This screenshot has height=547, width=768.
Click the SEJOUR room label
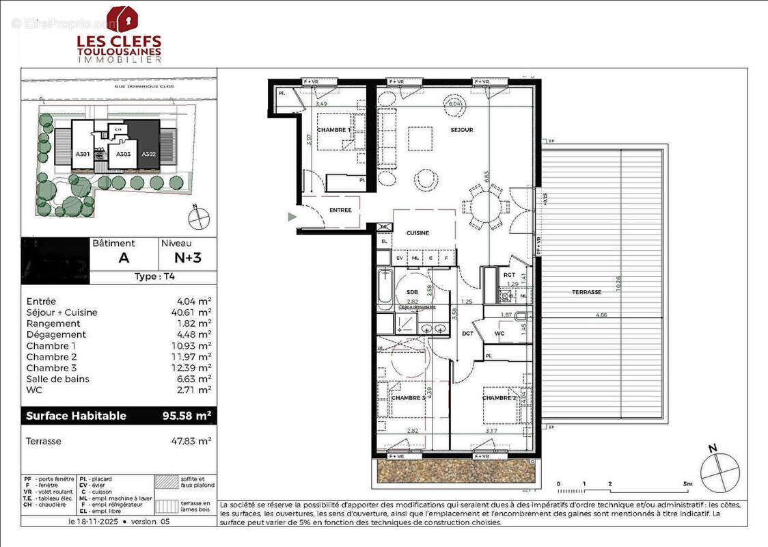(462, 130)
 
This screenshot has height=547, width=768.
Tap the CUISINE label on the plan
(417, 233)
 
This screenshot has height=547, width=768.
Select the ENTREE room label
(340, 210)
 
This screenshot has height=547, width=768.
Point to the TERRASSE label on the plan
(587, 292)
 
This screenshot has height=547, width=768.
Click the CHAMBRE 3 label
(408, 397)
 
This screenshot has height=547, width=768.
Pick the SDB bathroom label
(411, 292)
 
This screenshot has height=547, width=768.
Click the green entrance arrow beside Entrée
(292, 217)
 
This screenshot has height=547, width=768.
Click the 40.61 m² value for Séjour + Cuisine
(193, 312)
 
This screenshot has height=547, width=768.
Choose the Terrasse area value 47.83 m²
(193, 441)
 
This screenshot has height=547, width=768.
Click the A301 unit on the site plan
(82, 155)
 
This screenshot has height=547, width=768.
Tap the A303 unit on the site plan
(123, 155)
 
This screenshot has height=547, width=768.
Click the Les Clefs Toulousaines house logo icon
(122, 19)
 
